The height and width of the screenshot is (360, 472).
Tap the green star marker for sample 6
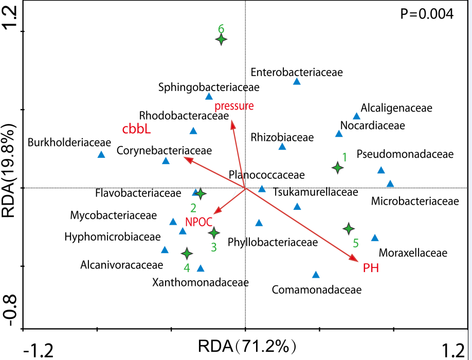[x=221, y=40]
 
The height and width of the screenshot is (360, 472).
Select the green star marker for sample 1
[x=337, y=168]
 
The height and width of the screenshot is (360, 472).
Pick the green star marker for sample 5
[x=349, y=228]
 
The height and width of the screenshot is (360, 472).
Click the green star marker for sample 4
[x=187, y=254]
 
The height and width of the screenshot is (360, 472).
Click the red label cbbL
[x=136, y=129]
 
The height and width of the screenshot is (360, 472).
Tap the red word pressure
[x=234, y=106]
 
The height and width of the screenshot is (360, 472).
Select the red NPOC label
[x=199, y=222]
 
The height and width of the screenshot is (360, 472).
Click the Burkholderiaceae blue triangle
[x=101, y=155]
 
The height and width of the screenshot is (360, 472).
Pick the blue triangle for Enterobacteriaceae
[x=297, y=82]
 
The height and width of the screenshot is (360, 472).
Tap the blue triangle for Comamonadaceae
[x=316, y=275]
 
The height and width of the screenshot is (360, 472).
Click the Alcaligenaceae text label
[x=396, y=108]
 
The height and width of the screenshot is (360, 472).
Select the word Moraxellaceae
[x=413, y=253]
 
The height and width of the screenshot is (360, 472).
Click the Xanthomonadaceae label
[x=201, y=282]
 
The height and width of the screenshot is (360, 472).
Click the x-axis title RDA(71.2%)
[x=247, y=346]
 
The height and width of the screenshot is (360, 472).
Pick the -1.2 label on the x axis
[x=40, y=351]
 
